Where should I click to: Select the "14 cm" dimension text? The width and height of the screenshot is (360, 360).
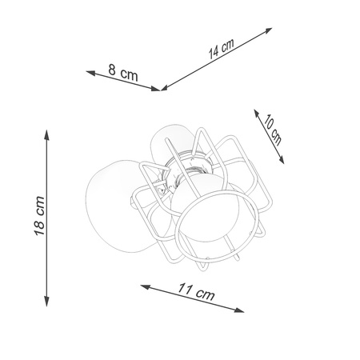pos(221,49)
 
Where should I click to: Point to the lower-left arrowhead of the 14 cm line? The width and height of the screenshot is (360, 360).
pos(163,88)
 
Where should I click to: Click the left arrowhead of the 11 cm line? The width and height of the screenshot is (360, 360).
pos(143,284)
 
